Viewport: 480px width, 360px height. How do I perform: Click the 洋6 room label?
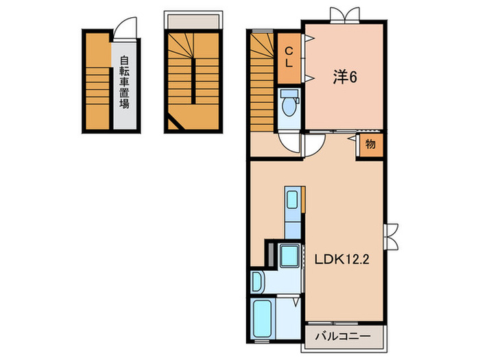345,77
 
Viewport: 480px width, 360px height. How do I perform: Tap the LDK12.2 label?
342,260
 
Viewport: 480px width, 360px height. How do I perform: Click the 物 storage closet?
371,143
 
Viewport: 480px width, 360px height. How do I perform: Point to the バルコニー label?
343,336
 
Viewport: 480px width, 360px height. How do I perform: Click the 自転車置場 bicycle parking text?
124,82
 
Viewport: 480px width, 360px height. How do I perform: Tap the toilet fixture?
289,103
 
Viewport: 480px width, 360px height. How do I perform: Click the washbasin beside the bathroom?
257,282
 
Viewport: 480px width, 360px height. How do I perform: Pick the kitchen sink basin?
292,200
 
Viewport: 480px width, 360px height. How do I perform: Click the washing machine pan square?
289,256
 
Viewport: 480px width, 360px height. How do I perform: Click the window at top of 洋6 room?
345,15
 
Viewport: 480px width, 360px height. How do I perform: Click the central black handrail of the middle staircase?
193,81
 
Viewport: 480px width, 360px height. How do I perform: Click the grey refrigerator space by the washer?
271,255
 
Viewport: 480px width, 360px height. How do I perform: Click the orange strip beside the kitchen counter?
303,200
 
